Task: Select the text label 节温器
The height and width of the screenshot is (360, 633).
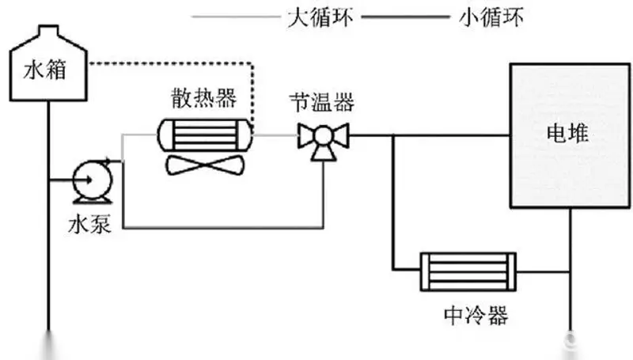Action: point(321,102)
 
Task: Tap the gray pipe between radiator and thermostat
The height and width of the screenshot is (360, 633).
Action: point(274,135)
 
